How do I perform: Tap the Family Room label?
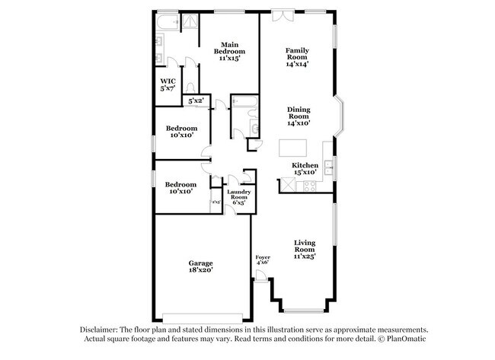point(297,57)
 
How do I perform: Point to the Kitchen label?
point(305,168)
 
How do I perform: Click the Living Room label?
point(305,249)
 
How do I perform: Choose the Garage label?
point(201,266)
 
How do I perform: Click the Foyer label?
point(263,260)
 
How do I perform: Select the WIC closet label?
point(168,84)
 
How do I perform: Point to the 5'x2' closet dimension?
point(196,100)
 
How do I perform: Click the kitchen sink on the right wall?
point(329,167)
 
